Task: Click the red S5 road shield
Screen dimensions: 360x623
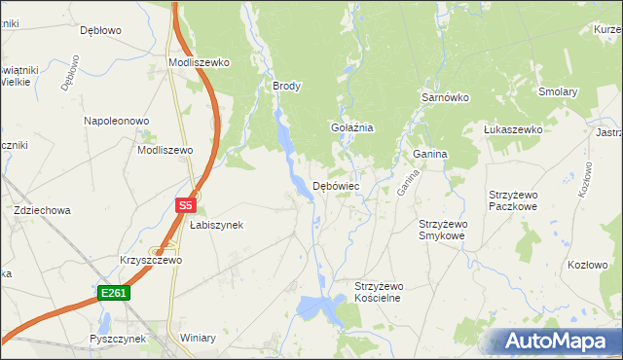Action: pyautogui.click(x=187, y=205)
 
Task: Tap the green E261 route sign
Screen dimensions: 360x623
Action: pyautogui.click(x=114, y=292)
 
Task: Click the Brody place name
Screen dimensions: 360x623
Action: pyautogui.click(x=286, y=86)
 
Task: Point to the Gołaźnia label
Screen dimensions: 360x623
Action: pyautogui.click(x=352, y=127)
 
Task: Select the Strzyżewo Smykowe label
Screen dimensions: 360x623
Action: pyautogui.click(x=442, y=230)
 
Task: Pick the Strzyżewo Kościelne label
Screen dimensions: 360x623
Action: pyautogui.click(x=378, y=292)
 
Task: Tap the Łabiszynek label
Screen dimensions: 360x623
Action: pyautogui.click(x=216, y=225)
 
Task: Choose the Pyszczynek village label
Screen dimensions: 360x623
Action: pyautogui.click(x=117, y=339)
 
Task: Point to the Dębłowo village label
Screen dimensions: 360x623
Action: pyautogui.click(x=100, y=30)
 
